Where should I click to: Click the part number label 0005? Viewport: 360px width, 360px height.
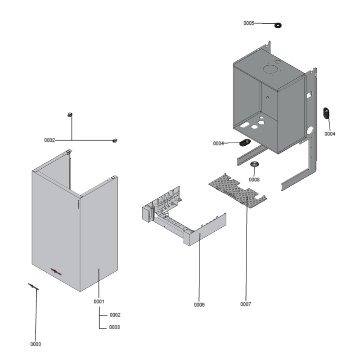coord(249,23)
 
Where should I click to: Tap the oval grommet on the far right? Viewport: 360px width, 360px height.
coord(326,113)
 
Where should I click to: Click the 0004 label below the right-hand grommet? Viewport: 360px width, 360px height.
coord(330,134)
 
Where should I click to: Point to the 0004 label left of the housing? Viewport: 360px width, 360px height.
coord(219,143)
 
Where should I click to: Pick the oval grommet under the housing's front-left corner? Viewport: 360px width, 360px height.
coord(245,143)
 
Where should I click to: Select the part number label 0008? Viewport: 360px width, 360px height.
coord(254,179)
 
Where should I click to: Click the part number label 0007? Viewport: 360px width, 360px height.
coord(246,304)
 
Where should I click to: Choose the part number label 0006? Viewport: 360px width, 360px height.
coord(199,305)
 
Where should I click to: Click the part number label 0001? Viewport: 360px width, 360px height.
coord(99,301)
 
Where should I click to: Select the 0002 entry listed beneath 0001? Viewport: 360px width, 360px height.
coord(115,315)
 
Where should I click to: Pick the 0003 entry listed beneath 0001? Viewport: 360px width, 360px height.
coord(115,327)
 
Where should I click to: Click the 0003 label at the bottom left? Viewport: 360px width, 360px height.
coord(36,344)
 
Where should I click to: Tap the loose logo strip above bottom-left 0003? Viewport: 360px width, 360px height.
coord(33,287)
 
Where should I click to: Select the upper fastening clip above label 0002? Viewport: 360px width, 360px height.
coord(70,115)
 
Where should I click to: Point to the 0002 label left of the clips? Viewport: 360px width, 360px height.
coord(49,140)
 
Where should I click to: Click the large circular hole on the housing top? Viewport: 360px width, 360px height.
coord(270,69)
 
